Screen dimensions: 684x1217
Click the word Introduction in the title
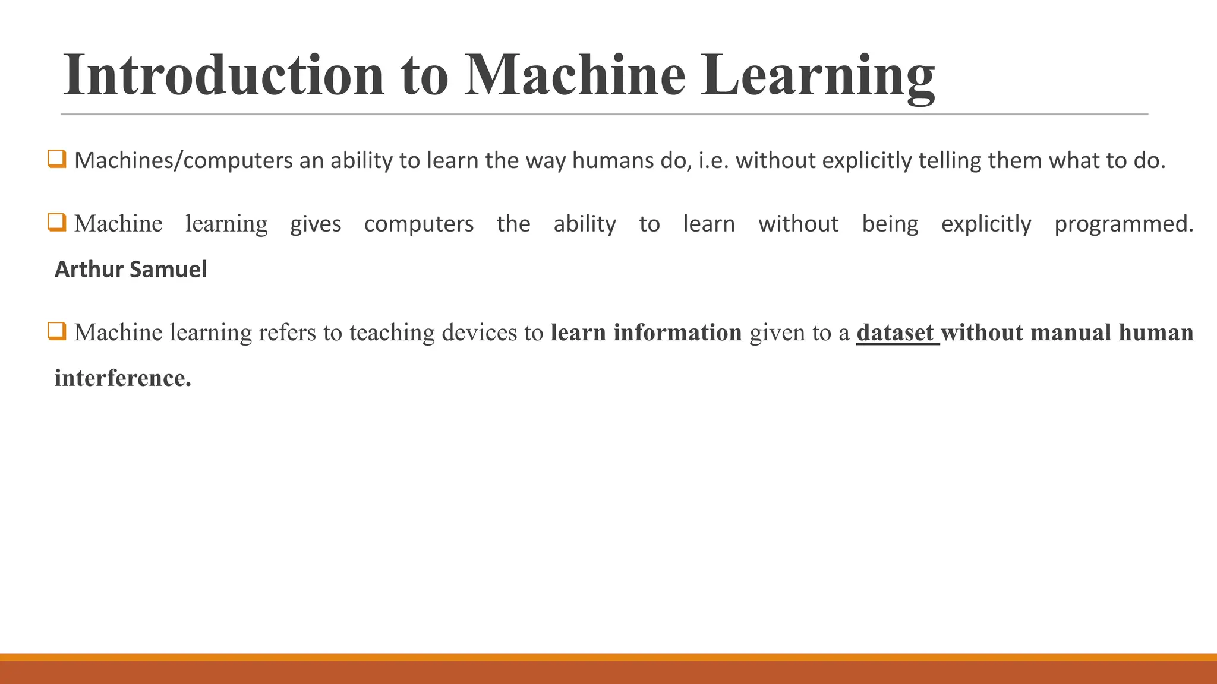coord(223,75)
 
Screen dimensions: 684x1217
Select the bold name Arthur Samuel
coord(131,270)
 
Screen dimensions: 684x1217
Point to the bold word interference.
coord(122,378)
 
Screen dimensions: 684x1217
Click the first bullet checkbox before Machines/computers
coord(57,159)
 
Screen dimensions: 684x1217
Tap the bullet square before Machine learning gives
coord(57,223)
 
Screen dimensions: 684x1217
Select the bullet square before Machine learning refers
coord(57,331)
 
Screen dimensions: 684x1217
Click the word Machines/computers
coord(183,161)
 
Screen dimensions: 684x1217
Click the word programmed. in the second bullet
coord(1123,224)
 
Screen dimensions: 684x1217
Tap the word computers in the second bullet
coord(418,224)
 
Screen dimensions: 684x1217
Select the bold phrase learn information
coord(646,332)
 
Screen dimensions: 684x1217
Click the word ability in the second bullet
coord(585,224)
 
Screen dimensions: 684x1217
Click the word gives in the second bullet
coord(316,224)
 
